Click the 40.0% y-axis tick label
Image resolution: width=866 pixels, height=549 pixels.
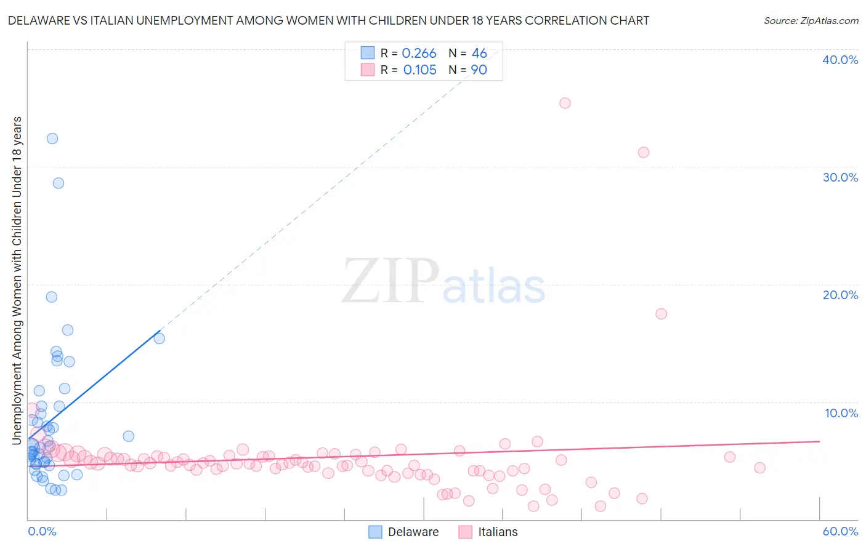pos(840,60)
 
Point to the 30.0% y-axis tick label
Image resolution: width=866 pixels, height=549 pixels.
pos(840,177)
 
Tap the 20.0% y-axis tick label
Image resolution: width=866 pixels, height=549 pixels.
pos(840,295)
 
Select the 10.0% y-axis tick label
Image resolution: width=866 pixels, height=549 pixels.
pos(841,413)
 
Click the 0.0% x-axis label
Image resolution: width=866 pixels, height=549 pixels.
pos(42,531)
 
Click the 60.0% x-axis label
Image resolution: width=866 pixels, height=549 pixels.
pos(840,531)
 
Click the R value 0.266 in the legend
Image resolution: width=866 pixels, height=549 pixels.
pos(419,54)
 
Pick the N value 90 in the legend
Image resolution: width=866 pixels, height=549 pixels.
pos(479,70)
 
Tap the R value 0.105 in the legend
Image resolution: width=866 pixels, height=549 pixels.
pos(419,70)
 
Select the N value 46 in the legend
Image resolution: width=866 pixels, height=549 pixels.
pos(479,54)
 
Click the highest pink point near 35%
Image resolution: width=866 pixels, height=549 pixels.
pos(565,103)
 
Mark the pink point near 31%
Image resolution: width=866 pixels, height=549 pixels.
pos(644,152)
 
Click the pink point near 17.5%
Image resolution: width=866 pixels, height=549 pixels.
pos(661,314)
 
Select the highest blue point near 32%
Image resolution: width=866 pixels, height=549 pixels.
pos(52,138)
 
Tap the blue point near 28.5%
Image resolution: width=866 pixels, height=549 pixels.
pos(59,183)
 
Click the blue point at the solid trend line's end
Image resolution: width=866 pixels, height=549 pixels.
pos(159,339)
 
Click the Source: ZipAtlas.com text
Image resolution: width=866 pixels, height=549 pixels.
pos(811,21)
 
